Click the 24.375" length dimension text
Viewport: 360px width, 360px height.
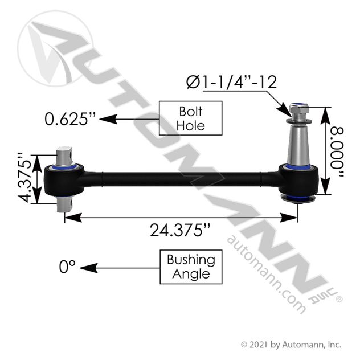tap(180, 230)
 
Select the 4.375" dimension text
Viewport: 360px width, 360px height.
tap(24, 177)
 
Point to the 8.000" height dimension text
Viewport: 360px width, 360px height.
tap(337, 152)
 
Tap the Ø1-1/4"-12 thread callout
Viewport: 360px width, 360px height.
tap(231, 82)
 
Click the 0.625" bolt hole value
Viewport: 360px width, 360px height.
tap(70, 119)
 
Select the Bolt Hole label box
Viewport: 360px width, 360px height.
tap(191, 118)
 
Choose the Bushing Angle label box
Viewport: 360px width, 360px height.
tap(191, 267)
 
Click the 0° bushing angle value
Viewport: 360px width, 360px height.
tap(67, 267)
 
